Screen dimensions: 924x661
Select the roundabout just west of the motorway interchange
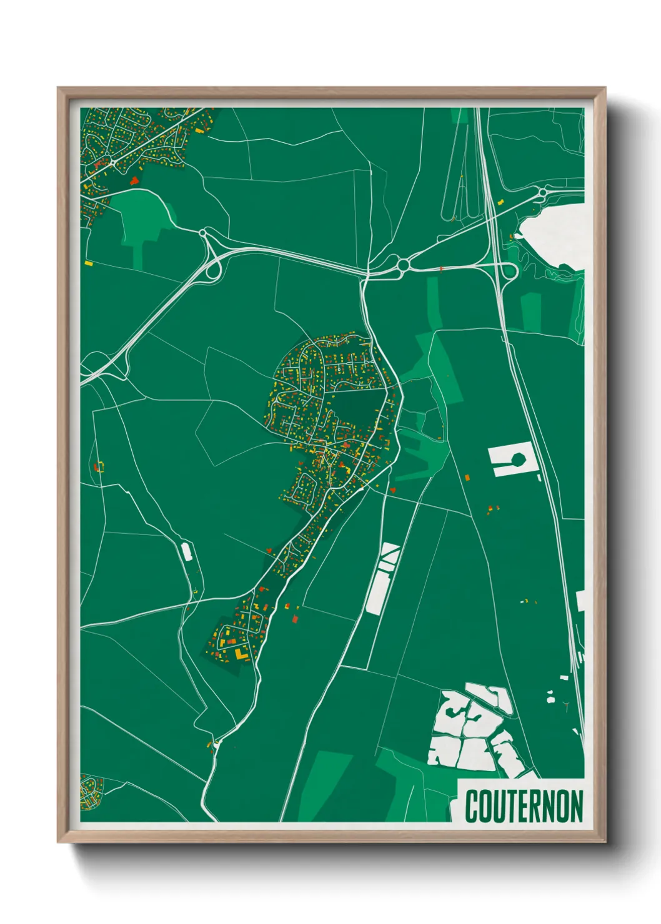[x=403, y=266]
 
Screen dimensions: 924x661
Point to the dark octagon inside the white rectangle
[x=518, y=460]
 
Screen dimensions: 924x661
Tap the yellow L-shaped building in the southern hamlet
[x=239, y=652]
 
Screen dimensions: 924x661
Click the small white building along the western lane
[x=186, y=551]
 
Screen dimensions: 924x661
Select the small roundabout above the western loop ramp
[x=202, y=233]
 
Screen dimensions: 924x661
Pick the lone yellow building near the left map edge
[x=89, y=263]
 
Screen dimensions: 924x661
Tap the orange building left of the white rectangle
[x=467, y=478]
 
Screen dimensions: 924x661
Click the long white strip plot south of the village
[x=382, y=577]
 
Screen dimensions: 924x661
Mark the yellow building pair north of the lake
[x=499, y=202]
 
